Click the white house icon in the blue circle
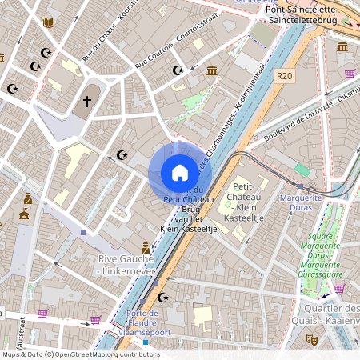180,172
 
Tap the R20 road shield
284,75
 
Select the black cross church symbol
87,102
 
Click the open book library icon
48,22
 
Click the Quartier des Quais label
331,314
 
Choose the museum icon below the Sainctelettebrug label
342,47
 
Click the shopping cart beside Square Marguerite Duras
339,287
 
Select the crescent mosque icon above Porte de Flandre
164,297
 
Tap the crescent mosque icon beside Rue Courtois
178,70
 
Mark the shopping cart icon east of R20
350,73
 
